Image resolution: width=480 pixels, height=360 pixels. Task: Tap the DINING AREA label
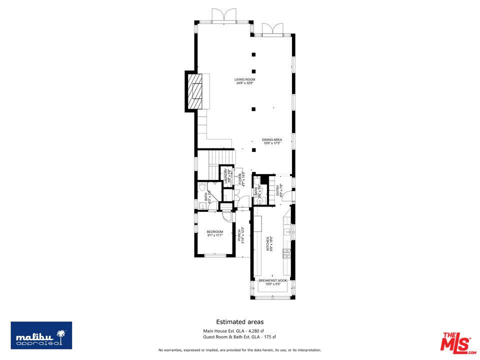(x=272, y=141)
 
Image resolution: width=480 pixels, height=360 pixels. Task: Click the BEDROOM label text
(x=214, y=233)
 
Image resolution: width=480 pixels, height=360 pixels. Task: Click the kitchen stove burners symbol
(x=286, y=253)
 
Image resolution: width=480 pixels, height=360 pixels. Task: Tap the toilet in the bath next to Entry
(x=257, y=181)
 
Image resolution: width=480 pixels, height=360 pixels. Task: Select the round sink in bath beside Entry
(x=259, y=200)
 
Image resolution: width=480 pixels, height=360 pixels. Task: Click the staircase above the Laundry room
(x=220, y=158)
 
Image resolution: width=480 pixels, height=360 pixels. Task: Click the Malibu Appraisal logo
(x=41, y=335)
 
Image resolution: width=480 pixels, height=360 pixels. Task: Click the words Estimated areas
(x=239, y=322)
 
